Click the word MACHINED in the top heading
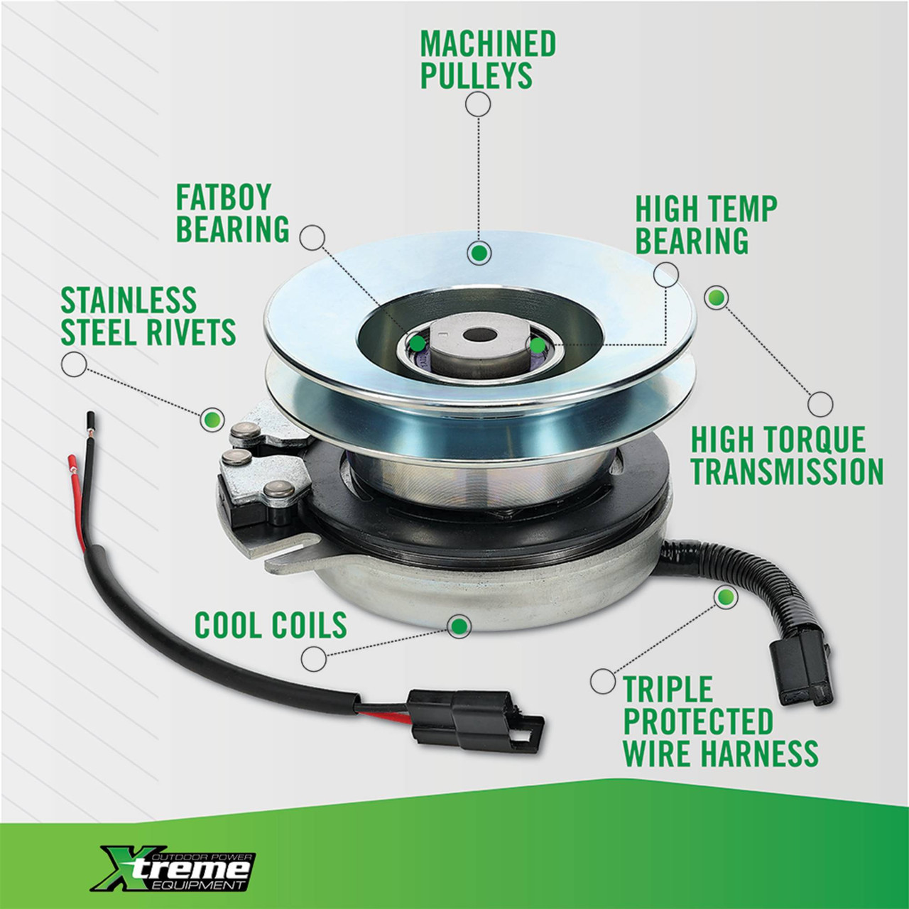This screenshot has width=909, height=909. tap(488, 44)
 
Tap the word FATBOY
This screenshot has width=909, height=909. tap(224, 197)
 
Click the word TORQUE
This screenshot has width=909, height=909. tap(815, 440)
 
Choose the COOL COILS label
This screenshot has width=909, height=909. tap(271, 625)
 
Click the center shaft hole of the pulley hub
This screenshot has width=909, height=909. tap(480, 335)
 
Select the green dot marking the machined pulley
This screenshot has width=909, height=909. tap(479, 254)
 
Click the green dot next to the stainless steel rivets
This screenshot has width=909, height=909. tap(212, 419)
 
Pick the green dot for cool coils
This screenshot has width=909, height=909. tap(459, 626)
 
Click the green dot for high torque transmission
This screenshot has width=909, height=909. tap(716, 297)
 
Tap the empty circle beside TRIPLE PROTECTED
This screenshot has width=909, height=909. tap(602, 682)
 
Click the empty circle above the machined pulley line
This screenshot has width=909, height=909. tap(478, 104)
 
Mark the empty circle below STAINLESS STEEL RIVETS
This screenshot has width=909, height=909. tap(74, 364)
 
